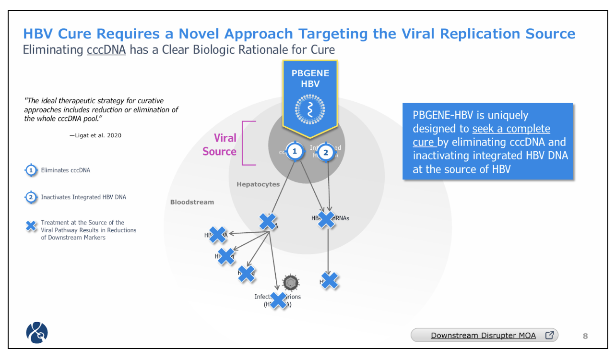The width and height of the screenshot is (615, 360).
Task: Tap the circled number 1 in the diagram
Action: point(295,152)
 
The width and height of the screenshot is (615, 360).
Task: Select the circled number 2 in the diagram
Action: point(326,153)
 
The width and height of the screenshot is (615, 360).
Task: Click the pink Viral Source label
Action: point(219,144)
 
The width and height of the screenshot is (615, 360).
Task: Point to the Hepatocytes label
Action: point(258,184)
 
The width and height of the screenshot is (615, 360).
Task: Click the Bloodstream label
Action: point(192,202)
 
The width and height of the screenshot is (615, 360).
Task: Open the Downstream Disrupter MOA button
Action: point(485,335)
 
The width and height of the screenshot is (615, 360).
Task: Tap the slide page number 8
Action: point(585,336)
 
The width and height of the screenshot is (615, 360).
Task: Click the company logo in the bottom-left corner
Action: point(37,333)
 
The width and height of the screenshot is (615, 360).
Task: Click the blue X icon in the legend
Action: point(31,226)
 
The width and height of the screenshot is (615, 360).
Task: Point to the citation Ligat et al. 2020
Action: point(95,135)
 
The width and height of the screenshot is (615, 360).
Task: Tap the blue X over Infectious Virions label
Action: point(278,300)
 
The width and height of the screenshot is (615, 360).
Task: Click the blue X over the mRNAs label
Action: point(326,219)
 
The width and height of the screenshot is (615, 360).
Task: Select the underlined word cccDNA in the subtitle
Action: point(106,49)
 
